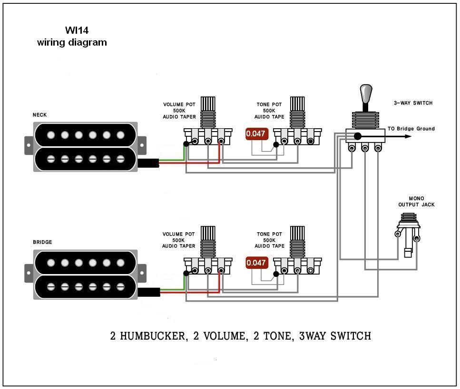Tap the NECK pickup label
pyautogui.click(x=39, y=115)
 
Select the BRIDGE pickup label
pyautogui.click(x=42, y=242)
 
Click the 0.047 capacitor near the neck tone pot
pyautogui.click(x=256, y=134)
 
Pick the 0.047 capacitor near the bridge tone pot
pyautogui.click(x=256, y=263)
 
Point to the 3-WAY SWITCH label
pyautogui.click(x=413, y=103)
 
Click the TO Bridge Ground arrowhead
pyautogui.click(x=408, y=136)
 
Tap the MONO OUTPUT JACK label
pyautogui.click(x=416, y=201)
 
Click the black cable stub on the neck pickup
pyautogui.click(x=148, y=163)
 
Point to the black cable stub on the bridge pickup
pyautogui.click(x=149, y=292)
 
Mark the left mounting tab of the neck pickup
pyautogui.click(x=29, y=141)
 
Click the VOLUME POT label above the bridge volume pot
pyautogui.click(x=179, y=234)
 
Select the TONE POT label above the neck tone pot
pyautogui.click(x=269, y=104)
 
